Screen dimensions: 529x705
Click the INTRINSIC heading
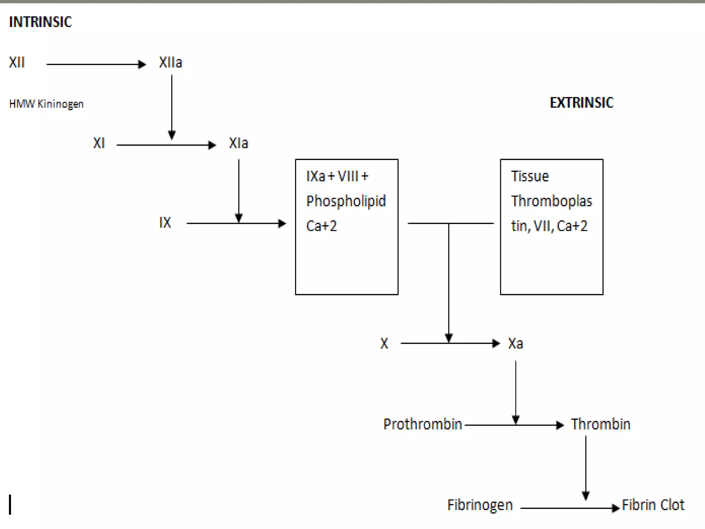[40, 22]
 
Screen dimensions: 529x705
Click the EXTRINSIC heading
[581, 103]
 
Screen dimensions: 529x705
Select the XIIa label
[170, 63]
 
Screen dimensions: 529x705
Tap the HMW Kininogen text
[46, 104]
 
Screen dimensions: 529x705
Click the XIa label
[238, 143]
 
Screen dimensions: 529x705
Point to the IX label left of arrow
[165, 223]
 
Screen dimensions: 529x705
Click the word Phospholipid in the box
[346, 201]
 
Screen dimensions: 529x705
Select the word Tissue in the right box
[529, 176]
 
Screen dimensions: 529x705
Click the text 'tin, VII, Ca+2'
[549, 226]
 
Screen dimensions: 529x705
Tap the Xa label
[515, 344]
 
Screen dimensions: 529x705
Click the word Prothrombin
[422, 424]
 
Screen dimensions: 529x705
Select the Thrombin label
[600, 424]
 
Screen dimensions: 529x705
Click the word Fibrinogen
[480, 505]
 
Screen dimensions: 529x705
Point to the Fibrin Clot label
[653, 505]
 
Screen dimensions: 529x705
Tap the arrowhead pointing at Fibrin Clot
[615, 508]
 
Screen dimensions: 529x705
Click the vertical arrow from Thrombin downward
[586, 465]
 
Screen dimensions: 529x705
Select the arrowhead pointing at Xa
[496, 343]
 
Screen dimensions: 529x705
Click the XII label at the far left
[17, 63]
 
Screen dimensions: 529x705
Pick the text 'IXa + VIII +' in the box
[337, 176]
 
